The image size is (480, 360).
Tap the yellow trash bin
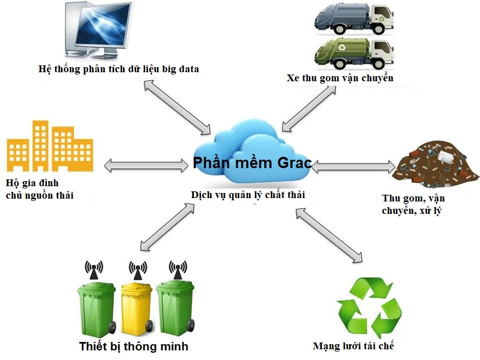coord(137,308)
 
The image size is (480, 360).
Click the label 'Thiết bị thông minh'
coord(133,346)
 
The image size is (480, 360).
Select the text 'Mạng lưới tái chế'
coord(353,346)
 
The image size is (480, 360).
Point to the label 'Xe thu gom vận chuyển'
coord(339,78)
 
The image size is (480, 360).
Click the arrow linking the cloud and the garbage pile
coord(353,166)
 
